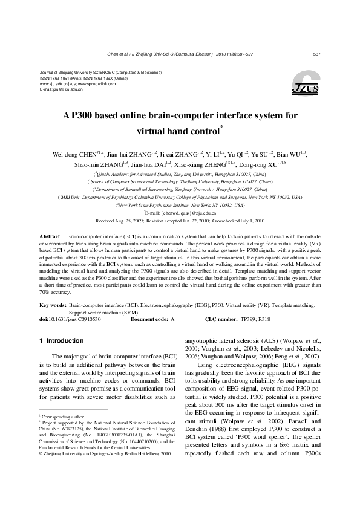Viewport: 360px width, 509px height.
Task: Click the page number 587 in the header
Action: (x=316, y=54)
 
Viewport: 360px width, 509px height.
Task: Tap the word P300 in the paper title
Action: (x=82, y=115)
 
